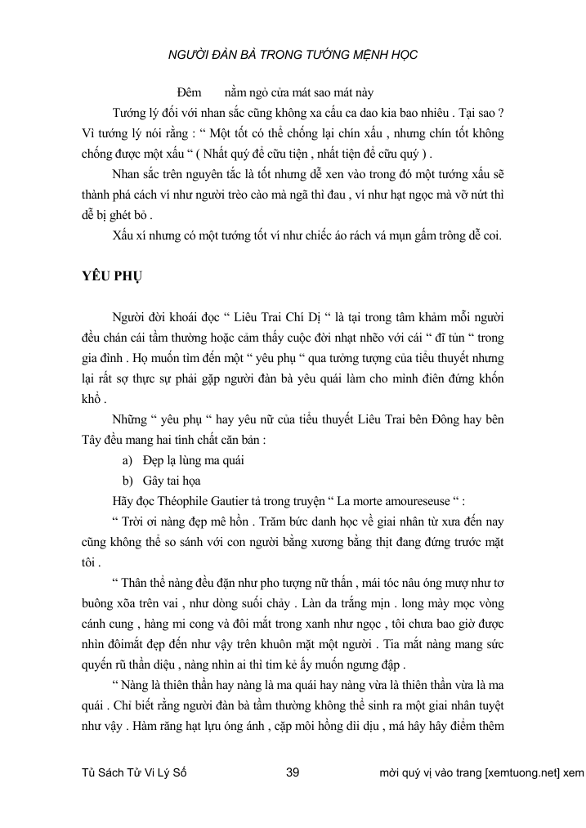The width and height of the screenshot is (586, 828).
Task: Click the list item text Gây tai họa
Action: click(x=172, y=480)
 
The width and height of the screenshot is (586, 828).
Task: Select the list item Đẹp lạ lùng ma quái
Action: click(x=193, y=459)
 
